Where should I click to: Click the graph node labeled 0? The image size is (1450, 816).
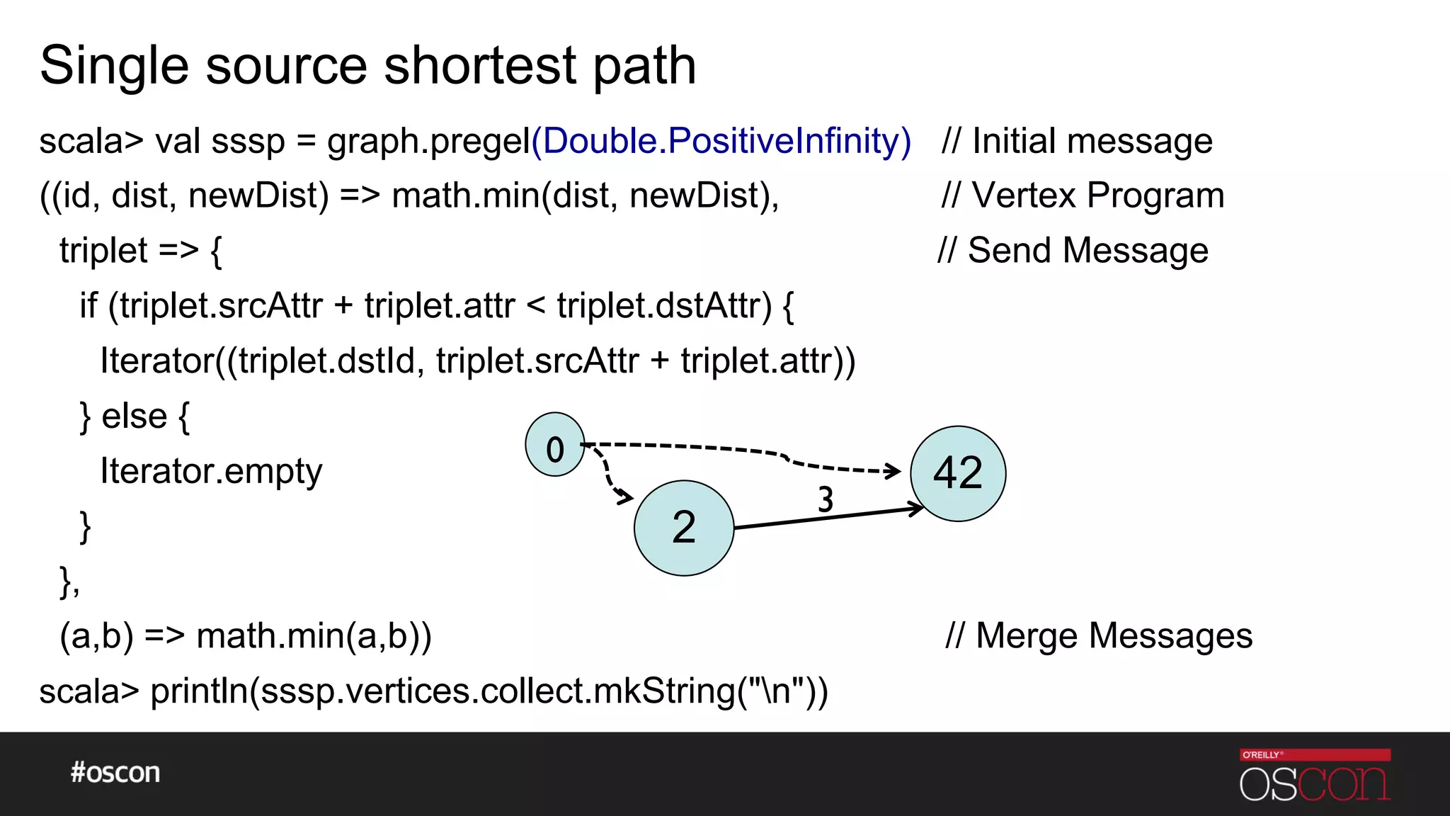(x=555, y=445)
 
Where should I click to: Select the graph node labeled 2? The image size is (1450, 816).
(x=684, y=528)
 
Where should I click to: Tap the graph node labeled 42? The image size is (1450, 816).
(x=958, y=474)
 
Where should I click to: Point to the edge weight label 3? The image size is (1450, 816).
(x=826, y=499)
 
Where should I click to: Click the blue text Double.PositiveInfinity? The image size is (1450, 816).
(x=721, y=141)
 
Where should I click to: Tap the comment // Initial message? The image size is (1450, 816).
(x=1077, y=141)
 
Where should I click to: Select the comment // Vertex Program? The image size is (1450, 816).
(x=1083, y=195)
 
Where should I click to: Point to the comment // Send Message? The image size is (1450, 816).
(x=1073, y=251)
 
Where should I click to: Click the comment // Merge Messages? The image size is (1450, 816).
(x=1099, y=635)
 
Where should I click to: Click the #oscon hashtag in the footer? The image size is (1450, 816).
(x=115, y=773)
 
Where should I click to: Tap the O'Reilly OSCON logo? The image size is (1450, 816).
(x=1315, y=776)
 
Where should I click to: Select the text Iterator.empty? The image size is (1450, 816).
(x=211, y=471)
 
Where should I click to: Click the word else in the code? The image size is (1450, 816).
(x=135, y=416)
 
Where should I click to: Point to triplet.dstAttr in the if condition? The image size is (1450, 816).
(x=664, y=306)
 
